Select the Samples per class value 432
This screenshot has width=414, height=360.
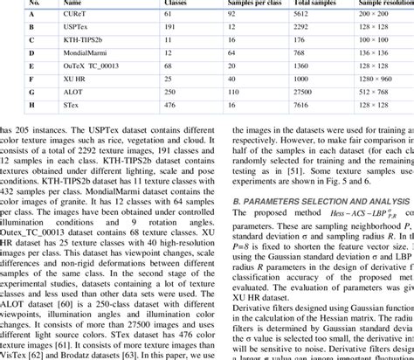[233, 39]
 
